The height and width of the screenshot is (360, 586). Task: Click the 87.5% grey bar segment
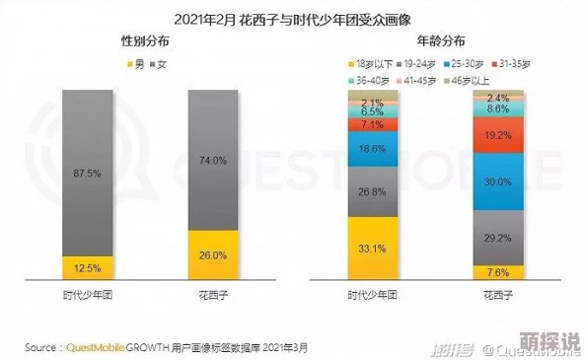pyautogui.click(x=95, y=173)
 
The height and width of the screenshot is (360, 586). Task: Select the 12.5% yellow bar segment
pyautogui.click(x=95, y=267)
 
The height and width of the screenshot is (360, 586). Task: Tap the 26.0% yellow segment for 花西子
pyautogui.click(x=213, y=254)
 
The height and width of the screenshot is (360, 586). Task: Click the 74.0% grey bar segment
pyautogui.click(x=213, y=160)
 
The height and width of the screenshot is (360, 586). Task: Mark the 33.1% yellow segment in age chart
pyautogui.click(x=372, y=248)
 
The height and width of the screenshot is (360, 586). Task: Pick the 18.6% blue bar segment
pyautogui.click(x=372, y=148)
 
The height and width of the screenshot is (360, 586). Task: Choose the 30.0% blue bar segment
pyautogui.click(x=498, y=181)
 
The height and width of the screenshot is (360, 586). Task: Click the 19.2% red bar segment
pyautogui.click(x=498, y=135)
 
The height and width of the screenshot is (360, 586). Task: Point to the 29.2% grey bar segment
pyautogui.click(x=498, y=238)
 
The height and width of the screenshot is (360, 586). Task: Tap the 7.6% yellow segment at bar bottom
pyautogui.click(x=498, y=272)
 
